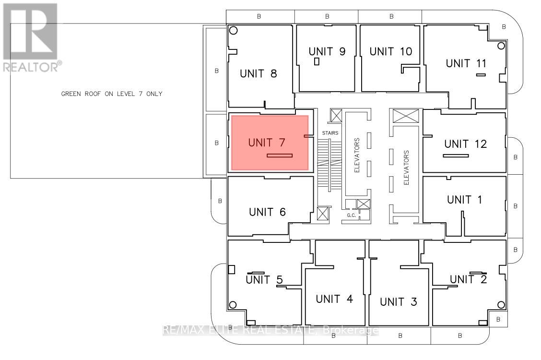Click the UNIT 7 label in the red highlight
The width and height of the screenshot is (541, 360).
[x=266, y=142]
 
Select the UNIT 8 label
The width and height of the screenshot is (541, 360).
[x=258, y=73]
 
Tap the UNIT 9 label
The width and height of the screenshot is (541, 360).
[x=327, y=51]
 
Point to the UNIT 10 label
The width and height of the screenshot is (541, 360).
[x=390, y=51]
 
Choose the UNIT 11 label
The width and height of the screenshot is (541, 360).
[x=466, y=63]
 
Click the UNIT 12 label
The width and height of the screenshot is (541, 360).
[x=465, y=144]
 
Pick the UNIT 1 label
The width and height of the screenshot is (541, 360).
[x=464, y=200]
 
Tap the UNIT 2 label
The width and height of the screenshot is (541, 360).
[x=468, y=279]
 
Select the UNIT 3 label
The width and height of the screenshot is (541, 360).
[x=399, y=301]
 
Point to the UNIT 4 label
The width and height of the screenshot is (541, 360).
[x=334, y=299]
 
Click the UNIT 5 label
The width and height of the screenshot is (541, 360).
[x=264, y=279]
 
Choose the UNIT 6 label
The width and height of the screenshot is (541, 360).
[x=267, y=212]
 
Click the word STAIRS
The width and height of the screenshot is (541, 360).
[x=330, y=133]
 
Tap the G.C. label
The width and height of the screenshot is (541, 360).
[x=351, y=216]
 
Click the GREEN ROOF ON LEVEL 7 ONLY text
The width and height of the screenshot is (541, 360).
[x=111, y=94]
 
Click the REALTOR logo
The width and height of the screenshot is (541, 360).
[x=32, y=37]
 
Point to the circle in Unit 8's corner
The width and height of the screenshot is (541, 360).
[x=233, y=30]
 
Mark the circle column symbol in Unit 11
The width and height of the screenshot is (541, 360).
[x=501, y=46]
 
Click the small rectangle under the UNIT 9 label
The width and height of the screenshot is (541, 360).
[x=317, y=62]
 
